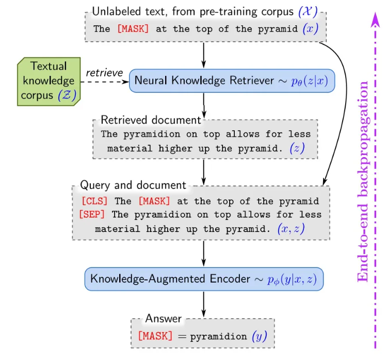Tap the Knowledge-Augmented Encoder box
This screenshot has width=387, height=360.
[204, 279]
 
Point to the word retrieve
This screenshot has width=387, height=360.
[104, 72]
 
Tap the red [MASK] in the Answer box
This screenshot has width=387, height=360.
[155, 336]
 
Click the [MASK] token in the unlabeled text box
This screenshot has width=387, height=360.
[133, 29]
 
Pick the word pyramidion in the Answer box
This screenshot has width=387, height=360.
[219, 337]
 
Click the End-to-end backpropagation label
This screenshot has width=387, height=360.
[363, 181]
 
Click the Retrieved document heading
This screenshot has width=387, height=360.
[151, 120]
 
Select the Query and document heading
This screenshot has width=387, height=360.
[133, 185]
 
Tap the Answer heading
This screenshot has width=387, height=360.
[163, 318]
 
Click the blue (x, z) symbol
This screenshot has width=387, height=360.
[291, 228]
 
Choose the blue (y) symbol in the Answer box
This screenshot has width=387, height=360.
[260, 336]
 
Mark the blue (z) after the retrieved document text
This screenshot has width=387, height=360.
[297, 148]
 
